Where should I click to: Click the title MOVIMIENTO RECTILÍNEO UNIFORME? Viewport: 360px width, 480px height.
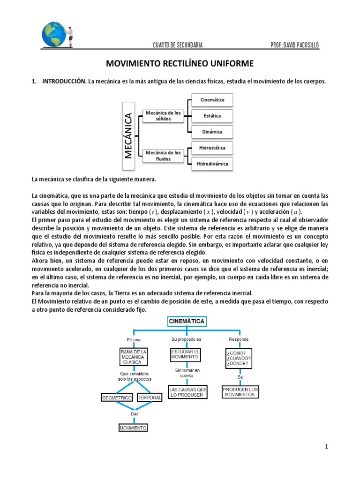[180, 63]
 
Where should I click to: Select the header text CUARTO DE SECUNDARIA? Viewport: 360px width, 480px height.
[178, 45]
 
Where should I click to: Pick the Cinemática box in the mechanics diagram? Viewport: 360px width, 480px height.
[212, 100]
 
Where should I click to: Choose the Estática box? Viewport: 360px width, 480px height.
[212, 116]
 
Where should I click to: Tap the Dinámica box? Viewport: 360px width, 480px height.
[212, 132]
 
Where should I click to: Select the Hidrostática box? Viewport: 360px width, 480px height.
[212, 148]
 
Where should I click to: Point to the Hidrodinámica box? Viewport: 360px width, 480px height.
[212, 164]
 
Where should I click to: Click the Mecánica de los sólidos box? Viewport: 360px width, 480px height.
[163, 116]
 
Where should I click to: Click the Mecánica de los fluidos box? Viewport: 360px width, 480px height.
[163, 156]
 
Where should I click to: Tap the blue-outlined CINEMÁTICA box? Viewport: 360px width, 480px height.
[186, 321]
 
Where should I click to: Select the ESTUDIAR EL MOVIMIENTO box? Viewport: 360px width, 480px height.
[186, 354]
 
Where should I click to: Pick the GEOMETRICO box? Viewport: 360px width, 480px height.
[116, 398]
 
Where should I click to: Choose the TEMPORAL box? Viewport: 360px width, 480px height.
[150, 398]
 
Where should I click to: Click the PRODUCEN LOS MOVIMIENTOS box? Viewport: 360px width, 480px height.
[240, 392]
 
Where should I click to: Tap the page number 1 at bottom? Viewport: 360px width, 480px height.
[326, 447]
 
